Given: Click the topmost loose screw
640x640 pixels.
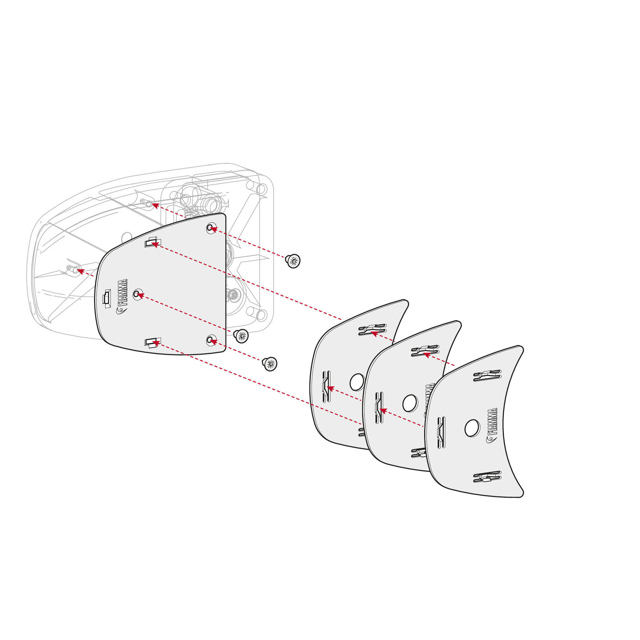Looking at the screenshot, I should coord(293,261).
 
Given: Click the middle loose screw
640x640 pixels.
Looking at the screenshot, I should coord(241,336).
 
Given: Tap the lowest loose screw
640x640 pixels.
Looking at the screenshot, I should coord(270,364).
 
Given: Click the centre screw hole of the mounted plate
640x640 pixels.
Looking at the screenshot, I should coord(137,294).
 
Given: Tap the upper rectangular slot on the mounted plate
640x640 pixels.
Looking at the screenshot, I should coord(151,243).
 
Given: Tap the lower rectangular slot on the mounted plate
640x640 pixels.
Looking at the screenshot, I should coord(151,342).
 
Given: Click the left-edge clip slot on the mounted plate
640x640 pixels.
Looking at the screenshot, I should coord(107,297).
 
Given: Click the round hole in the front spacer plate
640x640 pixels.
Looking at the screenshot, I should coord(472,428).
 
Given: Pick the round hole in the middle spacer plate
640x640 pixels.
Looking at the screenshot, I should coord(410,403).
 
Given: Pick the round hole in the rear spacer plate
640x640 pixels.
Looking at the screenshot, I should coord(357,382).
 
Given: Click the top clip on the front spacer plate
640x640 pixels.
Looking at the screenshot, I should coord(487,376).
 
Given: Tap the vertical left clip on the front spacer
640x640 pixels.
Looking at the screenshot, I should coord(441,433).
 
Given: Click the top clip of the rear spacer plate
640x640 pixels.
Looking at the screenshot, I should coord(372,330).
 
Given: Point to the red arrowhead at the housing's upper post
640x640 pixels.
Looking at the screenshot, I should coord(155,205).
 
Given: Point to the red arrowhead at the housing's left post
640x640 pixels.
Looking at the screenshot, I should coord(80,271).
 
